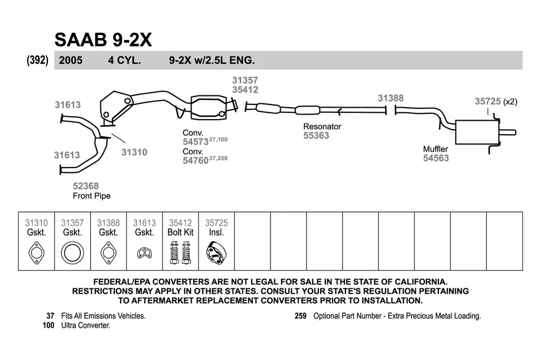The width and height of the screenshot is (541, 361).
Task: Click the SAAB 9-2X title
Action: (x=103, y=39)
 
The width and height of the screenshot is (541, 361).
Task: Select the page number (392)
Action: (x=38, y=60)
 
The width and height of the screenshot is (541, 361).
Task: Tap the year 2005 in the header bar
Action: (x=70, y=60)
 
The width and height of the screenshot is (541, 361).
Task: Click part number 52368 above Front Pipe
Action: (x=86, y=186)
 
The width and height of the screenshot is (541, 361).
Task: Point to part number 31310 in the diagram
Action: (x=134, y=152)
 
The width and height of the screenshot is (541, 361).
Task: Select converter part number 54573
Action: (x=196, y=142)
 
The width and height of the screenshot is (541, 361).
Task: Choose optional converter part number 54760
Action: (x=196, y=161)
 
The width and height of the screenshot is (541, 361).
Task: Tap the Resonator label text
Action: (x=322, y=126)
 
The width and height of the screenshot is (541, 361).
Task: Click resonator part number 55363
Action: (x=316, y=136)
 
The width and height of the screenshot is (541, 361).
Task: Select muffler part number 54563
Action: (x=436, y=159)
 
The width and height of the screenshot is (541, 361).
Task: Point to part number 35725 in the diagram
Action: (x=487, y=102)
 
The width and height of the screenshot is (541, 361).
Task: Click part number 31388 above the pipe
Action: (x=391, y=98)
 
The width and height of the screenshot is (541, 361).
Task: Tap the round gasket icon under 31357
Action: (x=72, y=253)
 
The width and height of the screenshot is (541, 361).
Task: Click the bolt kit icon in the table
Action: (x=180, y=253)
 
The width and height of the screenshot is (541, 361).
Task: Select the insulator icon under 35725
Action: (x=216, y=253)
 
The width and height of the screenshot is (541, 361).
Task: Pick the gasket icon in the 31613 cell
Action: (x=144, y=253)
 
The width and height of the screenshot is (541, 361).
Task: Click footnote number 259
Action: (x=300, y=316)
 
